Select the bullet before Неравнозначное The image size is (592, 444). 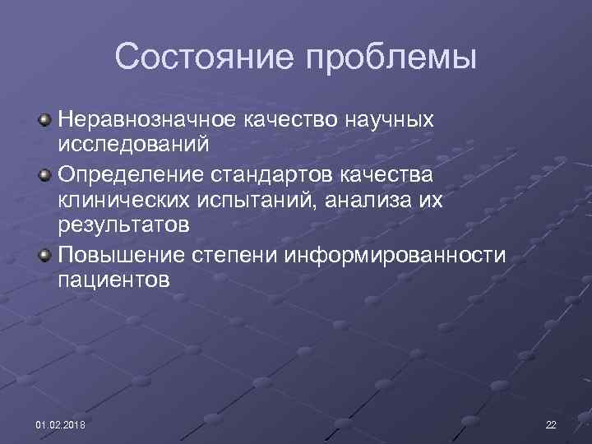(x=46, y=121)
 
